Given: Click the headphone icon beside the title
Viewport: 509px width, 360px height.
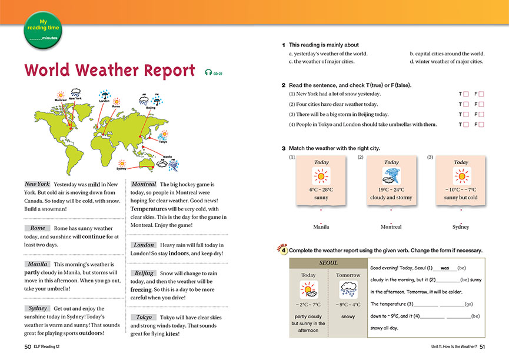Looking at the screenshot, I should tap(208, 72).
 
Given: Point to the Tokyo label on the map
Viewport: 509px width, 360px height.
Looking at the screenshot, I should tap(163, 141).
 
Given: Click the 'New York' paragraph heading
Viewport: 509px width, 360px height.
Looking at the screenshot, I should tap(37, 184).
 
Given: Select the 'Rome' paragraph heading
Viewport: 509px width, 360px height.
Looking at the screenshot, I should tap(38, 228).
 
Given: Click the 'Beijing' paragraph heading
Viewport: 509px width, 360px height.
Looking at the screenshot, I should tap(144, 273).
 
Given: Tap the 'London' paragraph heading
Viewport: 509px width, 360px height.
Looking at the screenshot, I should tap(144, 245).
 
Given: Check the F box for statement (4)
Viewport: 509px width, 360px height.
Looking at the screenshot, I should tap(481, 125).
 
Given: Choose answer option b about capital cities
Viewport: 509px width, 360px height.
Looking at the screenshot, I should tap(447, 54).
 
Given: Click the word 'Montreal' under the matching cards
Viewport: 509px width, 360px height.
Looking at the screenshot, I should tap(391, 227).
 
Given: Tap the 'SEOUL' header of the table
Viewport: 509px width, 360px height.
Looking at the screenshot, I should tap(328, 263).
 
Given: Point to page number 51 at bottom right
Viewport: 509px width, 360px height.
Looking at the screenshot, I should tap(482, 346).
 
